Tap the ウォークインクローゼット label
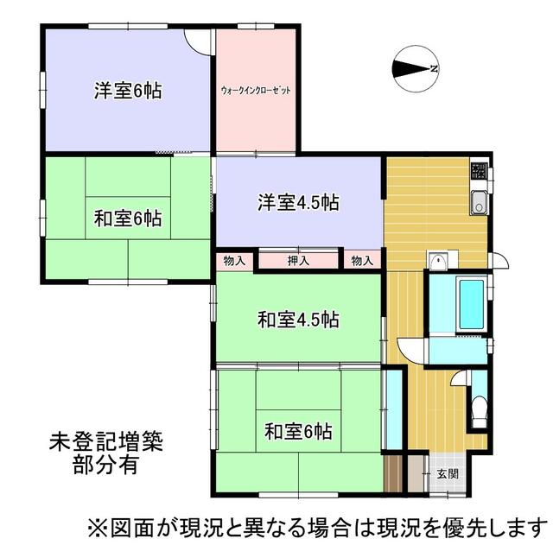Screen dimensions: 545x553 256,90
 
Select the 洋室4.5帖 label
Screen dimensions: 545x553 298,204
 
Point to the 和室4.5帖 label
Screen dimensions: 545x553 298,320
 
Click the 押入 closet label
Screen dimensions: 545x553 299,260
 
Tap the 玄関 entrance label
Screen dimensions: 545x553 447,473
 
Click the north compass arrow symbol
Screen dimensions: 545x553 416,69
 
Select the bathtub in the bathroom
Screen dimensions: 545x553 471,303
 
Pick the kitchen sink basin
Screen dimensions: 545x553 480,205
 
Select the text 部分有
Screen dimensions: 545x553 105,464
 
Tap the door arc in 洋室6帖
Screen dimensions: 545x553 199,43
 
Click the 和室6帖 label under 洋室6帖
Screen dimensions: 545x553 128,218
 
